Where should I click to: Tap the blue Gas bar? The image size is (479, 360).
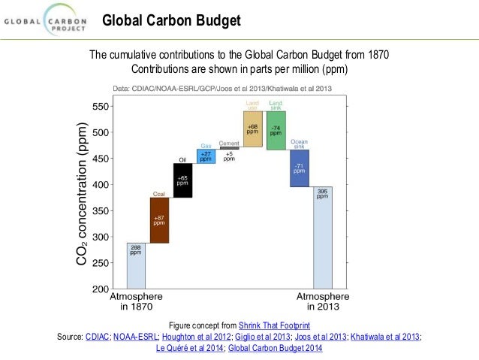click(206, 156)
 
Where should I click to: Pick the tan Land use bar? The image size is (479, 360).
click(252, 129)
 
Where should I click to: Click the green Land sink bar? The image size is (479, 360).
click(276, 130)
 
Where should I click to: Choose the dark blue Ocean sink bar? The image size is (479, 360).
click(300, 168)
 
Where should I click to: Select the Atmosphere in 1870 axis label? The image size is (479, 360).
click(136, 301)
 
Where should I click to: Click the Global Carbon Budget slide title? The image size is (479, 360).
click(171, 20)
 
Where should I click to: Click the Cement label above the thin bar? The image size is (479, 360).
click(229, 143)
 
